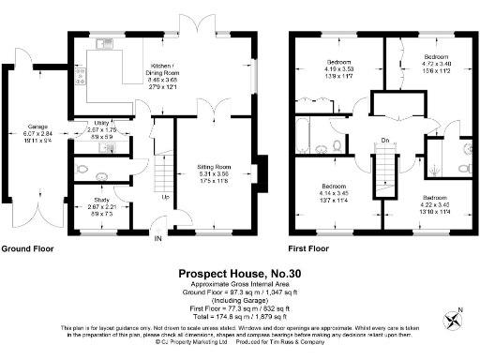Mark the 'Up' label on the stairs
coord(166,198)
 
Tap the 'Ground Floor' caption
coord(27,250)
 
